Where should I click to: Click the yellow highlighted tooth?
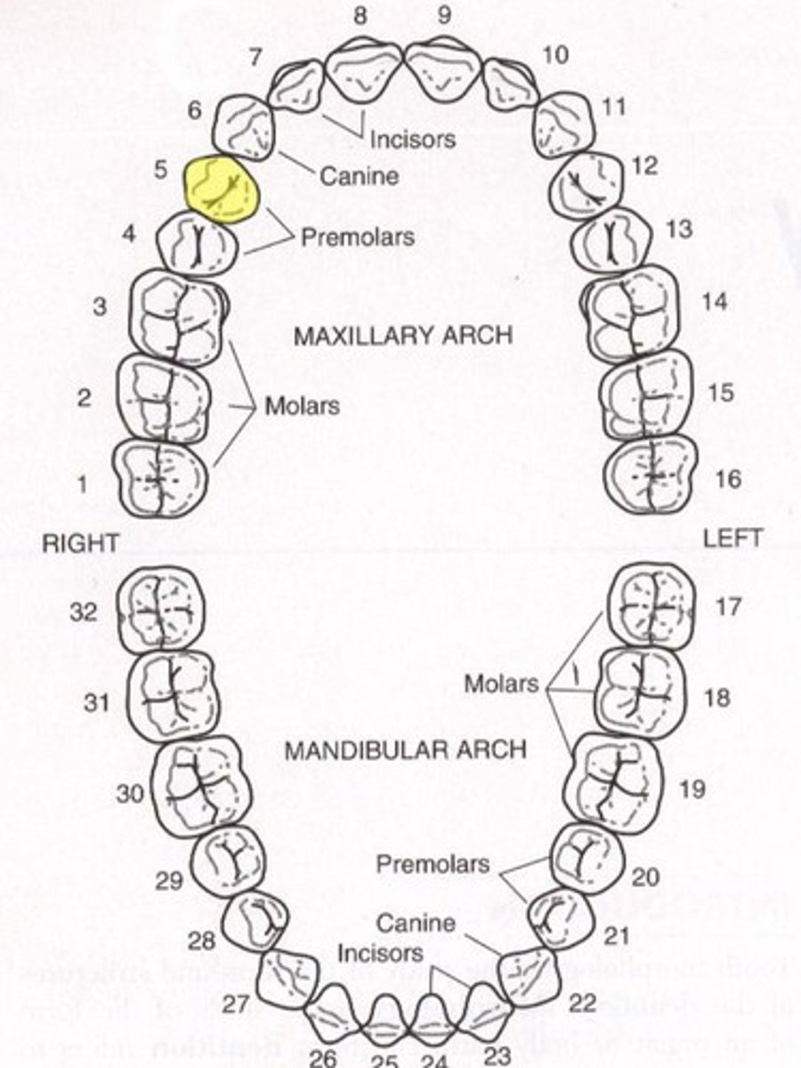tap(222, 188)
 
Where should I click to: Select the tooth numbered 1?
tap(159, 479)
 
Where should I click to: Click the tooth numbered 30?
tap(200, 788)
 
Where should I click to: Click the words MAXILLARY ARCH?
tap(403, 336)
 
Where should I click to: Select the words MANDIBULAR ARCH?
tap(405, 750)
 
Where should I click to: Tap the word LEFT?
tap(732, 538)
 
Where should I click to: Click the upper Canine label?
tap(359, 175)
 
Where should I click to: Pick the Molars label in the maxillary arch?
tap(302, 407)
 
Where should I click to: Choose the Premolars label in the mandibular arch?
tap(433, 864)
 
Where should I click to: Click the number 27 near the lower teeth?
tap(235, 1005)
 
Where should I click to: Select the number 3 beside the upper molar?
tap(101, 306)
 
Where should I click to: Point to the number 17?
tap(728, 608)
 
